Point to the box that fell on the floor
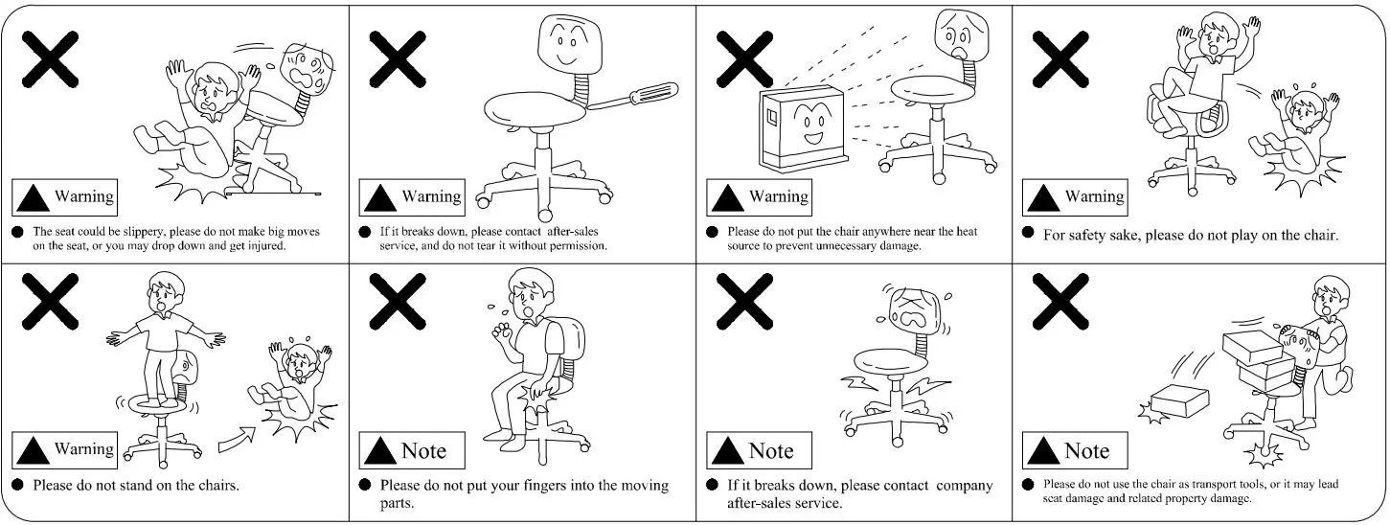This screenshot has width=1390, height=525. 1176,400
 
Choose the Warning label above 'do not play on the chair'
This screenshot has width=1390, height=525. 1076,196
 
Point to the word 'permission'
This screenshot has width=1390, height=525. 575,246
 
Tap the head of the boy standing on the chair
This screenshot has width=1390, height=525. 167,289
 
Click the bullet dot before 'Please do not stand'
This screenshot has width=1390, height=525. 18,486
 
